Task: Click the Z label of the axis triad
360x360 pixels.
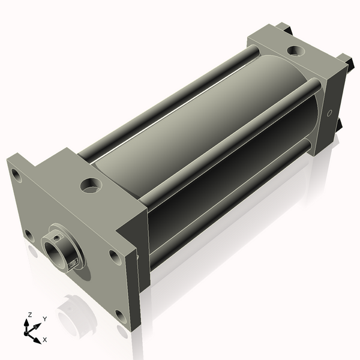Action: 29,314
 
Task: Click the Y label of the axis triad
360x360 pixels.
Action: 45,319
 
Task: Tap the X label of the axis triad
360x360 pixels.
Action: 45,340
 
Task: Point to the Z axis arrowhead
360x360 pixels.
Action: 26,323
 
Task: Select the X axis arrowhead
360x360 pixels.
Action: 37,340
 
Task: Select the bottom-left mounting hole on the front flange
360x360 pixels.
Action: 29,236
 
